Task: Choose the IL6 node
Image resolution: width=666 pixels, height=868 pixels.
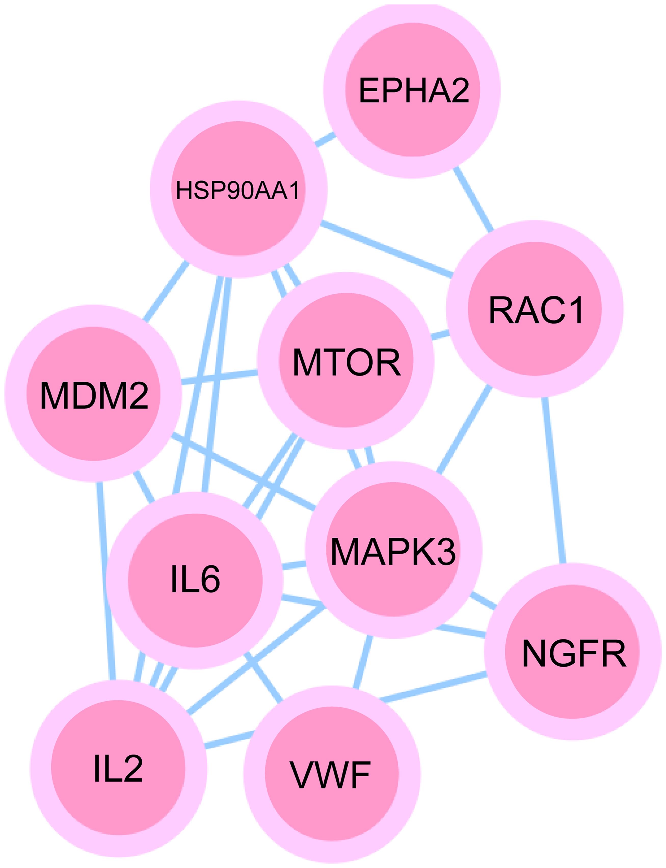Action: pos(195,580)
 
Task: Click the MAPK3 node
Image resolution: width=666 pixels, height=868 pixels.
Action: pos(393,550)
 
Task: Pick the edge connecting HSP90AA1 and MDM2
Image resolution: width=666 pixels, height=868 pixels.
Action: pos(166,291)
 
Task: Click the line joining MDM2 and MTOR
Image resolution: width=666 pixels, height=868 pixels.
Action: pos(219,377)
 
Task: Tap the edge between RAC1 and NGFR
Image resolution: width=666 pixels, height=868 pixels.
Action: pos(554,480)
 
